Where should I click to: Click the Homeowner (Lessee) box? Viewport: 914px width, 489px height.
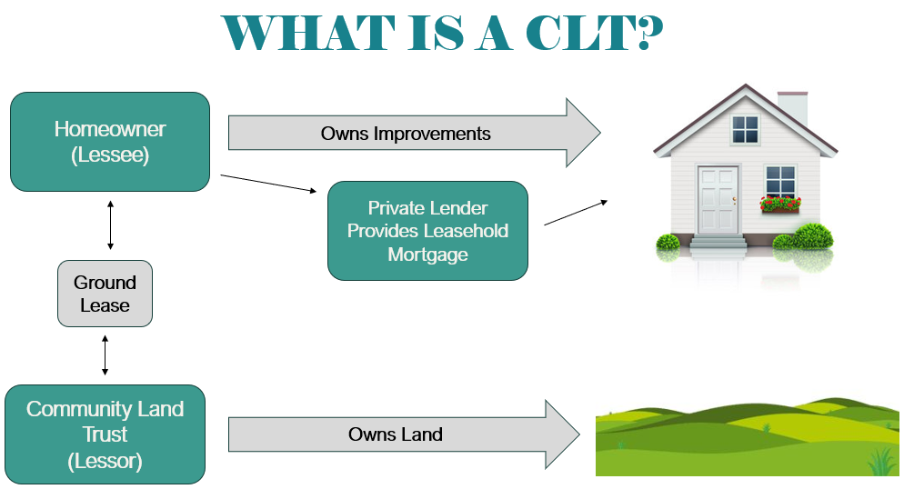[110, 141]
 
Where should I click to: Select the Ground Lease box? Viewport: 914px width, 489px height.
[105, 294]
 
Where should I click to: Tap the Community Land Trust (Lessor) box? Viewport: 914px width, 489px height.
[105, 434]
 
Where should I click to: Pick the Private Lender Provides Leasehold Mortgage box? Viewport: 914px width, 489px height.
[427, 231]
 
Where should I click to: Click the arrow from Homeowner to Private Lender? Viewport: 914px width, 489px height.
[268, 183]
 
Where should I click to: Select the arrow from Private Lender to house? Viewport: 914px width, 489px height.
[576, 212]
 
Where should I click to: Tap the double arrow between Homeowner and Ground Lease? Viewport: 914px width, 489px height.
[111, 226]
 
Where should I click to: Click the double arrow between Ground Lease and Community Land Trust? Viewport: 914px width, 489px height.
[105, 355]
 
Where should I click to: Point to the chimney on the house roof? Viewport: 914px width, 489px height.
[792, 108]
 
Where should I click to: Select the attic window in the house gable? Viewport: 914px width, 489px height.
[745, 129]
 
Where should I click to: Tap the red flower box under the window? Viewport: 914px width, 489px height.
[780, 205]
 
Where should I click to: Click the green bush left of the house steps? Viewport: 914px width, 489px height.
[668, 243]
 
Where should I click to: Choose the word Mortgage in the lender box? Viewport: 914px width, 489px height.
[427, 254]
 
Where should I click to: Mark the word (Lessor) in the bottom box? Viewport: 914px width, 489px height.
[105, 461]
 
